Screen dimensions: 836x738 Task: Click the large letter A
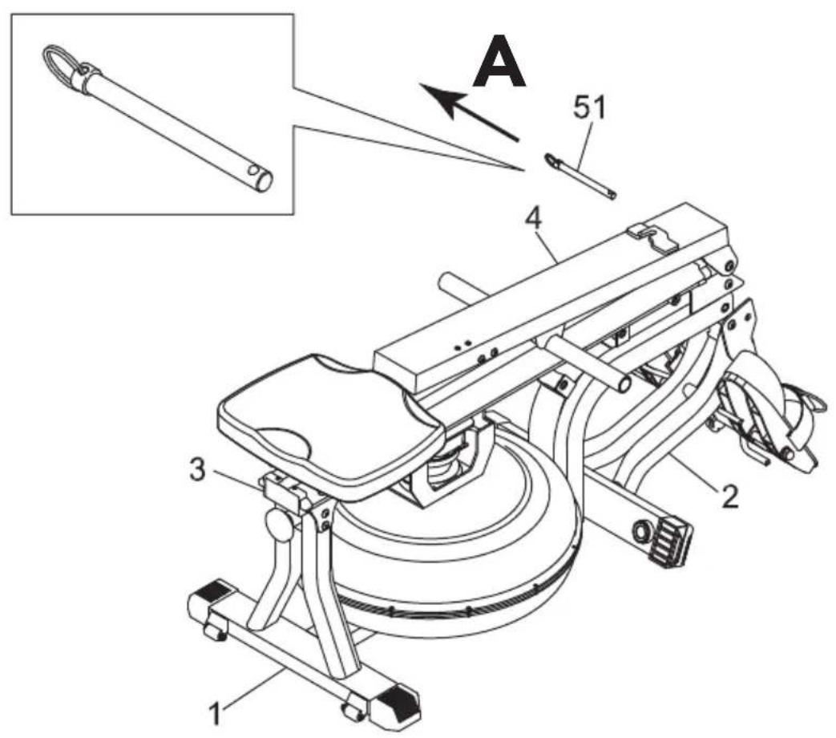[499, 62]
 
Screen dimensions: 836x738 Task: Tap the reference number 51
[590, 107]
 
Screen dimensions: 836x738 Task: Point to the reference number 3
[198, 471]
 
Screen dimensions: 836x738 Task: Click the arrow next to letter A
[468, 112]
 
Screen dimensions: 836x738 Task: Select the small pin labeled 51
[580, 176]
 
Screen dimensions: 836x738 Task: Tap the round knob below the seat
[280, 524]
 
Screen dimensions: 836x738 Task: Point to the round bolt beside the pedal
[639, 531]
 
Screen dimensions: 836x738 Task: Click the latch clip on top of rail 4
[653, 235]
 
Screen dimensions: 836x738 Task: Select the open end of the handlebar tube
[622, 384]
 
